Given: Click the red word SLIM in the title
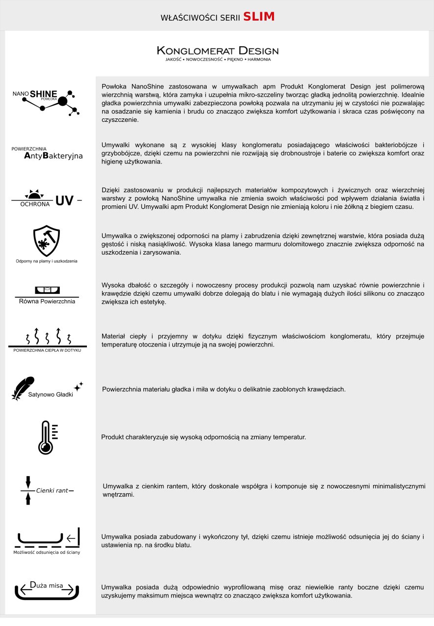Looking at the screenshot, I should (x=259, y=17).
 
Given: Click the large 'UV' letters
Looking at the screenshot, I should (x=65, y=200).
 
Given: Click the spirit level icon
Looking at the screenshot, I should (x=48, y=289).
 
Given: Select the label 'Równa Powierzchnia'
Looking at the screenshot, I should (x=47, y=301).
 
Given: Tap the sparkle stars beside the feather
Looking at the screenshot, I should (x=79, y=386).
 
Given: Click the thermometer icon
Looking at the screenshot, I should (x=46, y=437).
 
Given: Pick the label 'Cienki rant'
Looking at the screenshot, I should (x=52, y=490).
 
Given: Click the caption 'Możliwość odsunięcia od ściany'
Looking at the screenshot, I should (x=47, y=552).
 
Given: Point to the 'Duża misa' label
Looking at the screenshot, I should (x=47, y=585).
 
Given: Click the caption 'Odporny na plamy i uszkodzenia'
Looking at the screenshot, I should (x=47, y=261).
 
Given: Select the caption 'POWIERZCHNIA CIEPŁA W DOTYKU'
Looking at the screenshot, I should (x=47, y=350).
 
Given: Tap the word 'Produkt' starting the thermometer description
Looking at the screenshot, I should (x=112, y=437).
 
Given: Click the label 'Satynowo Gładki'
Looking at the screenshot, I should (x=51, y=394).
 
